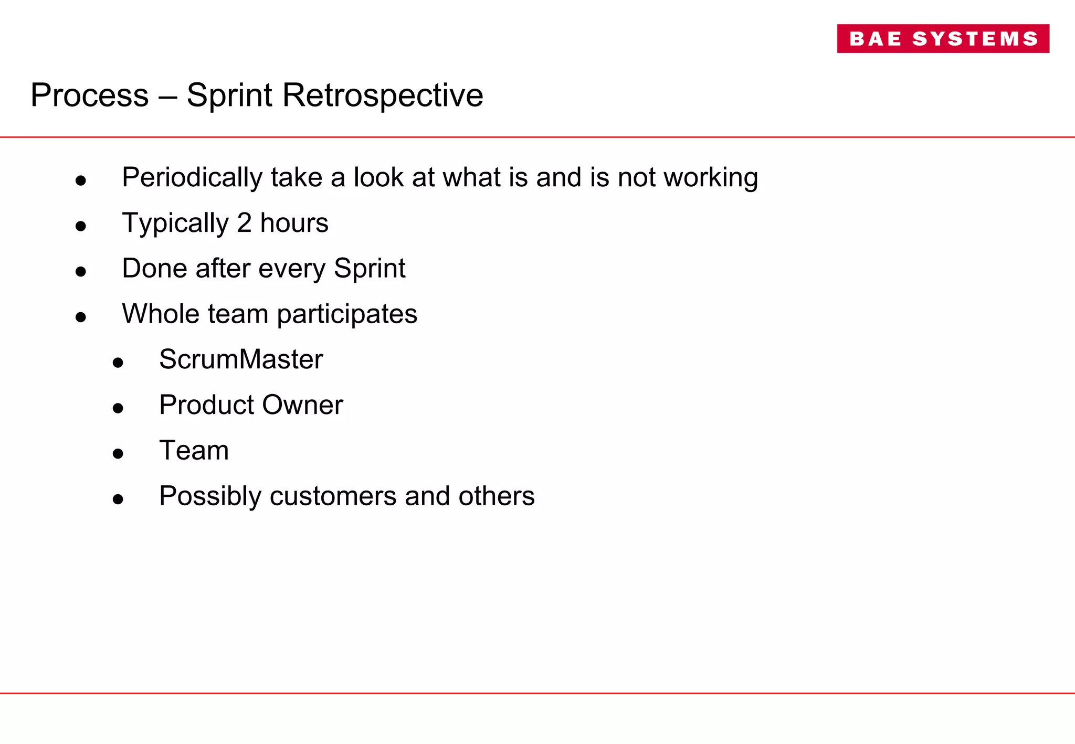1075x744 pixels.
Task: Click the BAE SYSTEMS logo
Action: [943, 38]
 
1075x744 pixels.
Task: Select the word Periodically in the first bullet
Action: [192, 177]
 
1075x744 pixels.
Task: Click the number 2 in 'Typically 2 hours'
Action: [244, 223]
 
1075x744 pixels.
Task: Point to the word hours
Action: [294, 223]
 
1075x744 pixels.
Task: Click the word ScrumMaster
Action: [241, 359]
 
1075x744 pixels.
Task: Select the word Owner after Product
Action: [302, 405]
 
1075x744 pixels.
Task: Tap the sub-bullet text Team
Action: [194, 450]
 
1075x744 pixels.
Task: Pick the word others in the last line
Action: [496, 496]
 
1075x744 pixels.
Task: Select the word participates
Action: [347, 314]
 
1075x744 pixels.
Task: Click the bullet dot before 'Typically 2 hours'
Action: [80, 226]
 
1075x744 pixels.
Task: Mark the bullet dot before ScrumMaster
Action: [118, 363]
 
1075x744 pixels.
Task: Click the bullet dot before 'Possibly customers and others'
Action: [118, 499]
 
